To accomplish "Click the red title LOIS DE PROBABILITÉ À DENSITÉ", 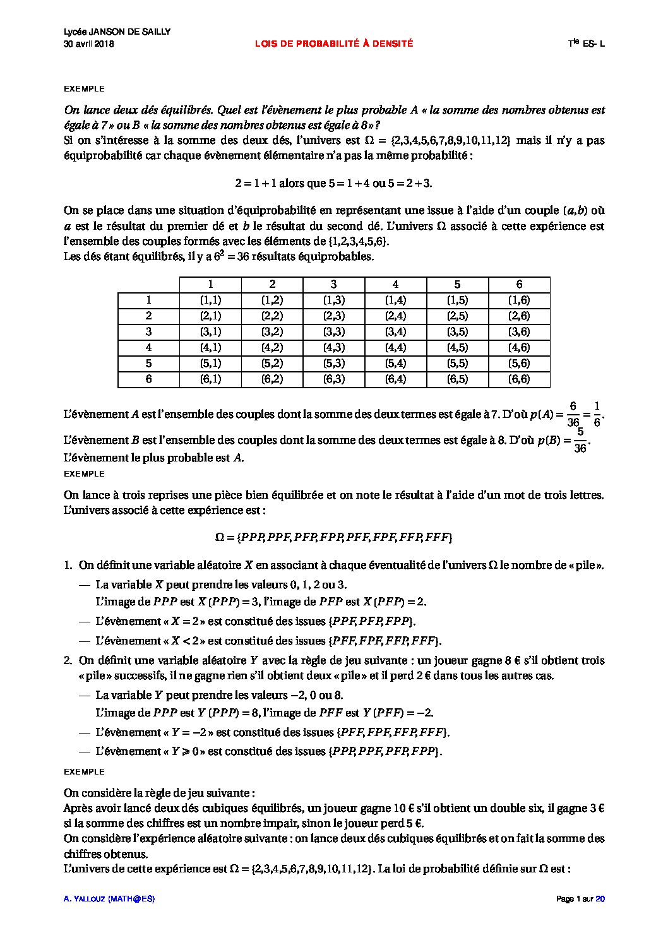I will [x=333, y=44].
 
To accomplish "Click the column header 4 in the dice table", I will [x=395, y=285].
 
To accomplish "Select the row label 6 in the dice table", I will [x=148, y=379].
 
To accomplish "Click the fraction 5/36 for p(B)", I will [x=580, y=441].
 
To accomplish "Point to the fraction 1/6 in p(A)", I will [x=597, y=414].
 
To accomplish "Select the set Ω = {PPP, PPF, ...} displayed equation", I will [x=333, y=537].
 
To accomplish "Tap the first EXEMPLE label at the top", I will [x=85, y=89].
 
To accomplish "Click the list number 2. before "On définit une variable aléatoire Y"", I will [x=68, y=660].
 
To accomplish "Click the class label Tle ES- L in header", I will [x=586, y=44].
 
